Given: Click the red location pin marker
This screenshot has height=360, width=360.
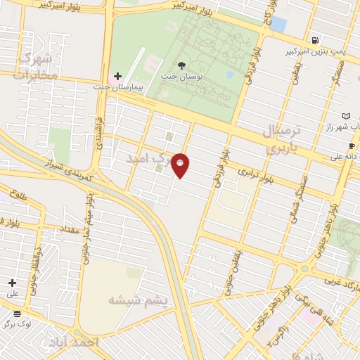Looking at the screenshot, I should (181, 165).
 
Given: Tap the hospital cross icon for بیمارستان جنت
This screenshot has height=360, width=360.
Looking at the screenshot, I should (117, 76).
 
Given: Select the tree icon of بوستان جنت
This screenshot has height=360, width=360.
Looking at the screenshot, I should (182, 65).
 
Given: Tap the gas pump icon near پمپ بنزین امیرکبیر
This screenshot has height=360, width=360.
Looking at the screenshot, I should (313, 40).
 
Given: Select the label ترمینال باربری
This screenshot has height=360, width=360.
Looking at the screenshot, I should (281, 139).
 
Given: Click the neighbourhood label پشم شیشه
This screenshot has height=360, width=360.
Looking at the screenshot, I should (138, 300).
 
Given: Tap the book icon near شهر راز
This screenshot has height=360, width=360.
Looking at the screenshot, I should (345, 115).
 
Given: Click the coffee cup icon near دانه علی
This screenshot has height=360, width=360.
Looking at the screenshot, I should (352, 146).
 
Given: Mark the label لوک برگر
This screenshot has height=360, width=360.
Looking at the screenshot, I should (18, 324).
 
